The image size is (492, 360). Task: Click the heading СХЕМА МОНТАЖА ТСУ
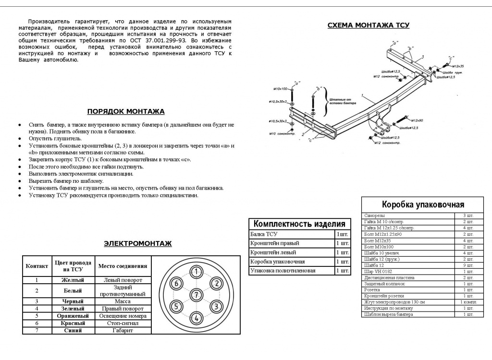click(x=368, y=25)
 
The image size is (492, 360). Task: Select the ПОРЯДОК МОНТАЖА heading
click(x=125, y=111)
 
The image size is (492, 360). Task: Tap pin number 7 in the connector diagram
click(x=196, y=294)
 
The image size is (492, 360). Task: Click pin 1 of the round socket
click(x=196, y=272)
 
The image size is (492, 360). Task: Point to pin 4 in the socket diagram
click(x=196, y=317)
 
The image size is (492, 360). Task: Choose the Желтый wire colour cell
click(x=74, y=280)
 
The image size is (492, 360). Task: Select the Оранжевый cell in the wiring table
click(x=74, y=316)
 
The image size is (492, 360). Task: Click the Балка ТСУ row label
click(x=264, y=234)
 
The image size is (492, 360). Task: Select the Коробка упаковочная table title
click(x=423, y=204)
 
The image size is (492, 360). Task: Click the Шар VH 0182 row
click(x=379, y=271)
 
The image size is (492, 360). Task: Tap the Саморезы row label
click(x=374, y=215)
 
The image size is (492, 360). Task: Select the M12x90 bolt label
click(x=417, y=120)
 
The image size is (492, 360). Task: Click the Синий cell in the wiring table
click(x=74, y=330)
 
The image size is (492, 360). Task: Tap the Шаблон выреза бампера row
click(x=388, y=314)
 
